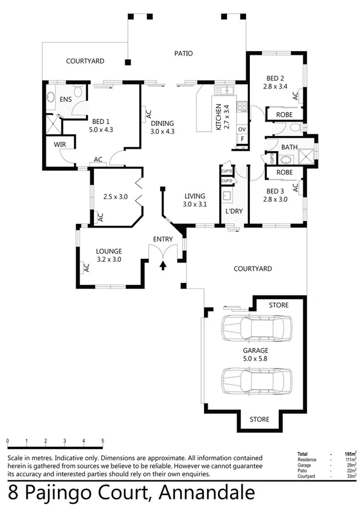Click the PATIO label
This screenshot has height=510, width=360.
[x=184, y=53]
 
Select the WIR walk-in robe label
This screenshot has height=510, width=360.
[x=60, y=145]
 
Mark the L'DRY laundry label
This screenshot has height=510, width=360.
[x=234, y=212]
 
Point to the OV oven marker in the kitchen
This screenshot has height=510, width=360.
[x=242, y=129]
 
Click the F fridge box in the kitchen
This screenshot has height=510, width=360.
[x=242, y=138]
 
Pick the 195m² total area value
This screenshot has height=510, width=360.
[x=348, y=453]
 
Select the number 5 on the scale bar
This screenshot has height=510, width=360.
[x=103, y=441]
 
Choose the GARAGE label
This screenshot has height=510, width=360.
[x=255, y=350]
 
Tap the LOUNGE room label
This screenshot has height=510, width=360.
[x=109, y=251]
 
